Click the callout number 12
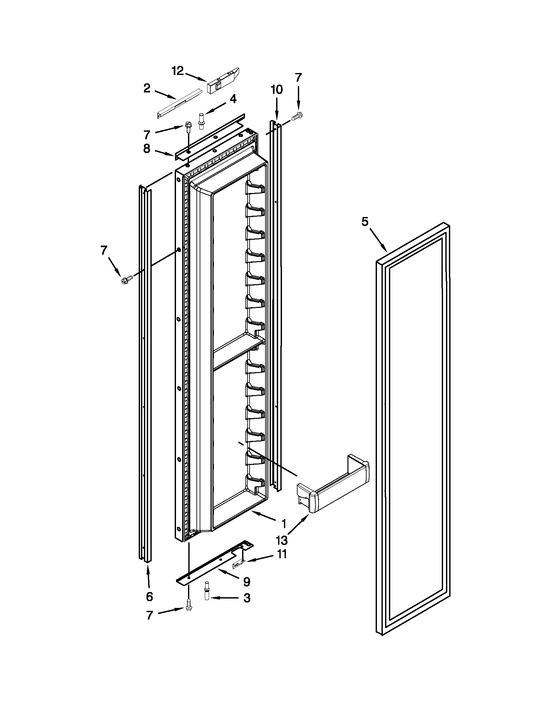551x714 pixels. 178,71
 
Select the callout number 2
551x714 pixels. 147,88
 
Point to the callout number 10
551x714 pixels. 277,89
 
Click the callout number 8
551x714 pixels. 147,149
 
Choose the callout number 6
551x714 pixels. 149,597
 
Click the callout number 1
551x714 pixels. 284,523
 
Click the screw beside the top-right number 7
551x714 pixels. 298,115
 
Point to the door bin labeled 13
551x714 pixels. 333,488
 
